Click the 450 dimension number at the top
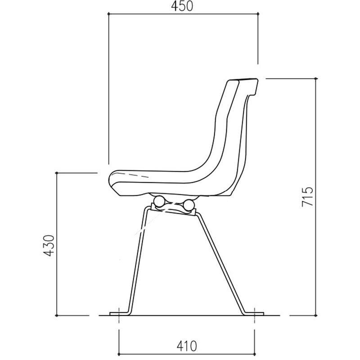pos(182,6)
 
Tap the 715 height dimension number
pos(307,197)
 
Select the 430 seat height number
pos(49,245)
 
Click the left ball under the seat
pos(159,201)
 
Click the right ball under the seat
pos(189,205)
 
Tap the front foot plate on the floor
pos(119,314)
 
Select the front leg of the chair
pos(138,260)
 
